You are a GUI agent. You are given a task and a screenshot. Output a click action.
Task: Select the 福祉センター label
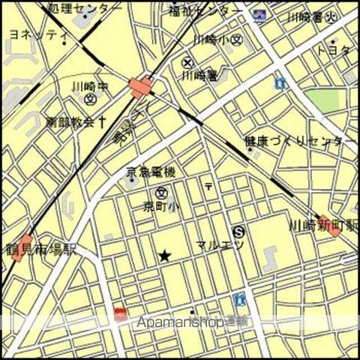[205, 10]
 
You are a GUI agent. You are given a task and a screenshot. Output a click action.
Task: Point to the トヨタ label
[335, 50]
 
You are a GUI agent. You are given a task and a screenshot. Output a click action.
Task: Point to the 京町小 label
[160, 206]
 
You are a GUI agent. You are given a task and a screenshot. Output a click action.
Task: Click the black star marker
[164, 257]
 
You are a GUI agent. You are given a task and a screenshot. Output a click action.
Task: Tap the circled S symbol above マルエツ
[238, 231]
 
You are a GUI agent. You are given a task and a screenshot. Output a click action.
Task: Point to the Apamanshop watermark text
[191, 322]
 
